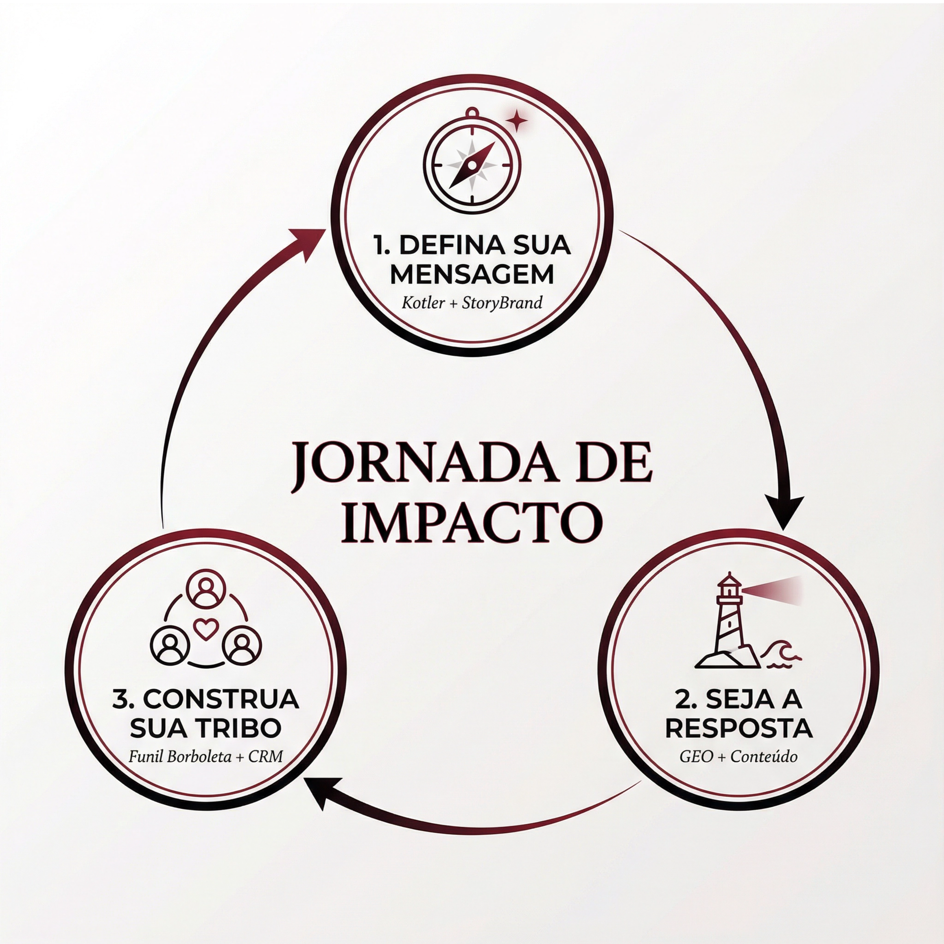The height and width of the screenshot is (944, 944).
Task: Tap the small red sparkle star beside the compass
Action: point(516,120)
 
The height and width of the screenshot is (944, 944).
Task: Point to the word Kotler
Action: point(423,303)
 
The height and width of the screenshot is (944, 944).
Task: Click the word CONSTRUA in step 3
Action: point(220,699)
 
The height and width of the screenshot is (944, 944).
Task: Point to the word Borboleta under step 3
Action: point(199,757)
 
